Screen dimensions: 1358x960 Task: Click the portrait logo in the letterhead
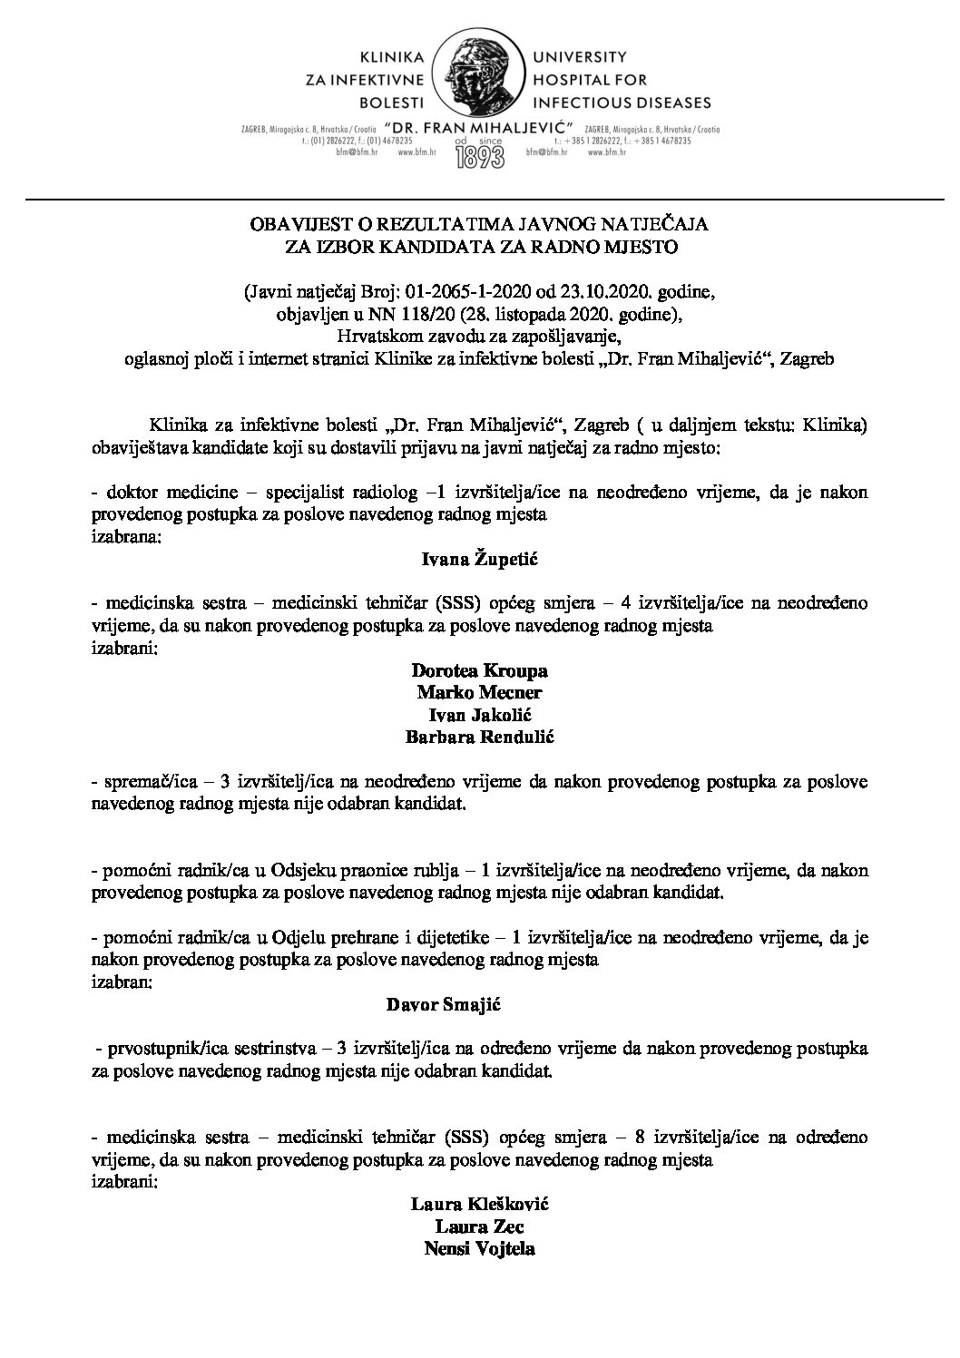click(480, 72)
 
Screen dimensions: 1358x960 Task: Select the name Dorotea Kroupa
click(480, 671)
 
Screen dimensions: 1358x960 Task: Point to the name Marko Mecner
click(480, 693)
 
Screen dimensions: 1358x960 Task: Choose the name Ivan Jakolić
click(480, 715)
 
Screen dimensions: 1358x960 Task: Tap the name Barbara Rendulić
click(480, 737)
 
